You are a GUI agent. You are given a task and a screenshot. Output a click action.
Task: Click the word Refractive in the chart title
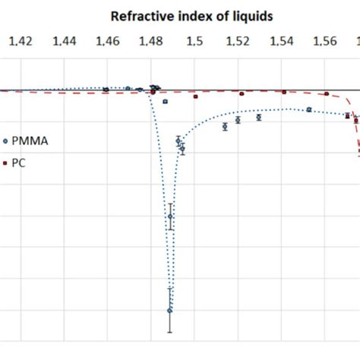136,16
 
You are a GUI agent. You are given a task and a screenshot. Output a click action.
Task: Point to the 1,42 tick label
21,43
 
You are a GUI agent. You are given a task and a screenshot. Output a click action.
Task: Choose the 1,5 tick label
194,43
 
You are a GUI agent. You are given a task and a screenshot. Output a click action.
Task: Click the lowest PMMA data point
170,310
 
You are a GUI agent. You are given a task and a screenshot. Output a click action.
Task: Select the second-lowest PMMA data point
170,216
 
